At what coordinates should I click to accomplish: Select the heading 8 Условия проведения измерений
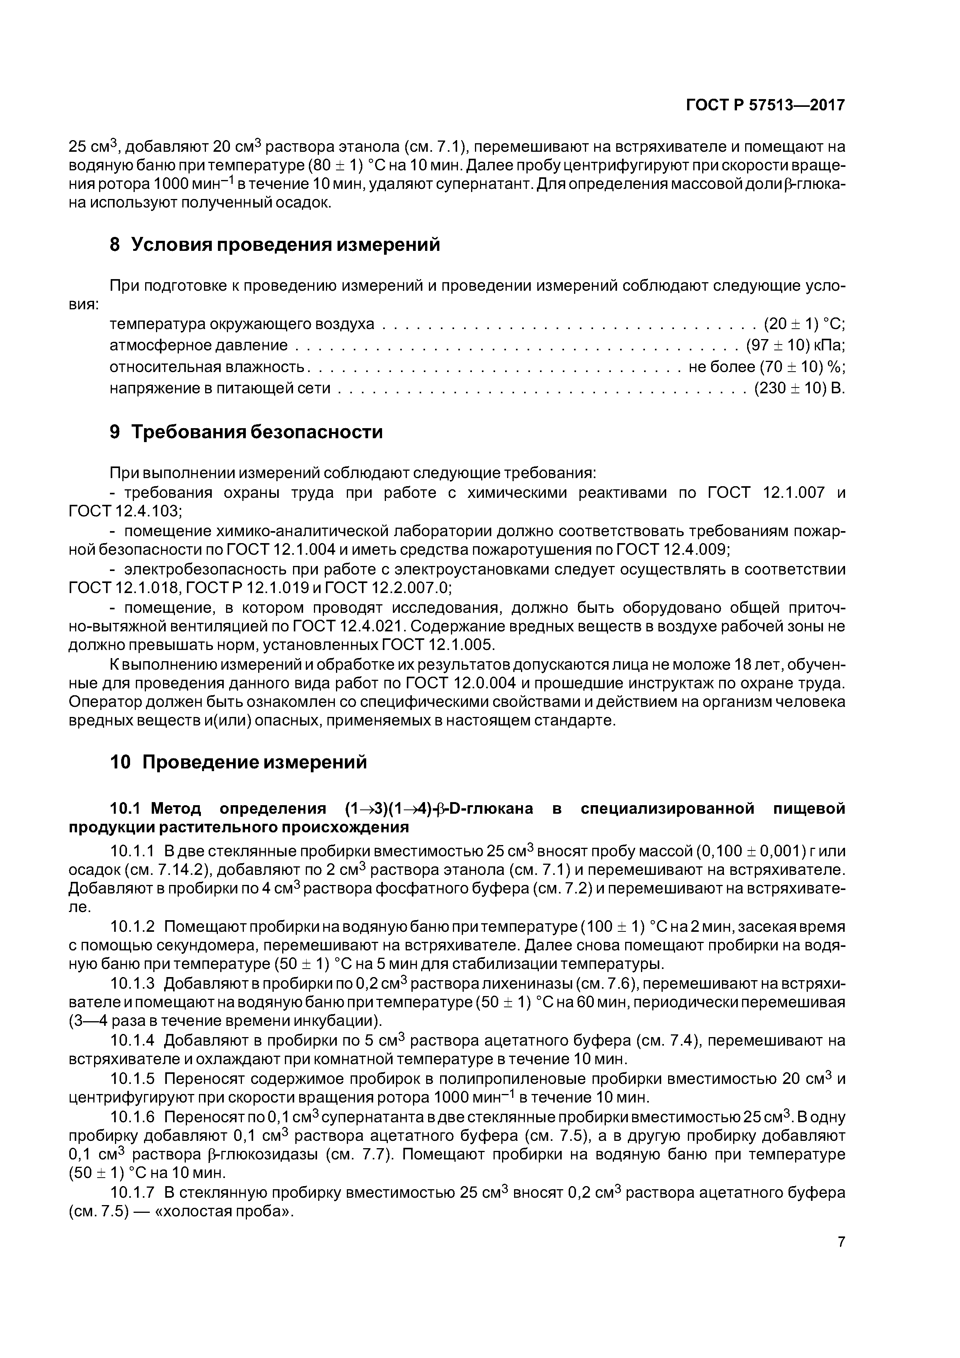coord(275,244)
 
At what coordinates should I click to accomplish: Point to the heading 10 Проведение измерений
coord(238,762)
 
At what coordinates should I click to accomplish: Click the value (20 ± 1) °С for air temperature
coord(804,324)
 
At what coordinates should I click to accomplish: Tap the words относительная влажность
coord(207,367)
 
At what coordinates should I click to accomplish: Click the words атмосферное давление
coord(199,345)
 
